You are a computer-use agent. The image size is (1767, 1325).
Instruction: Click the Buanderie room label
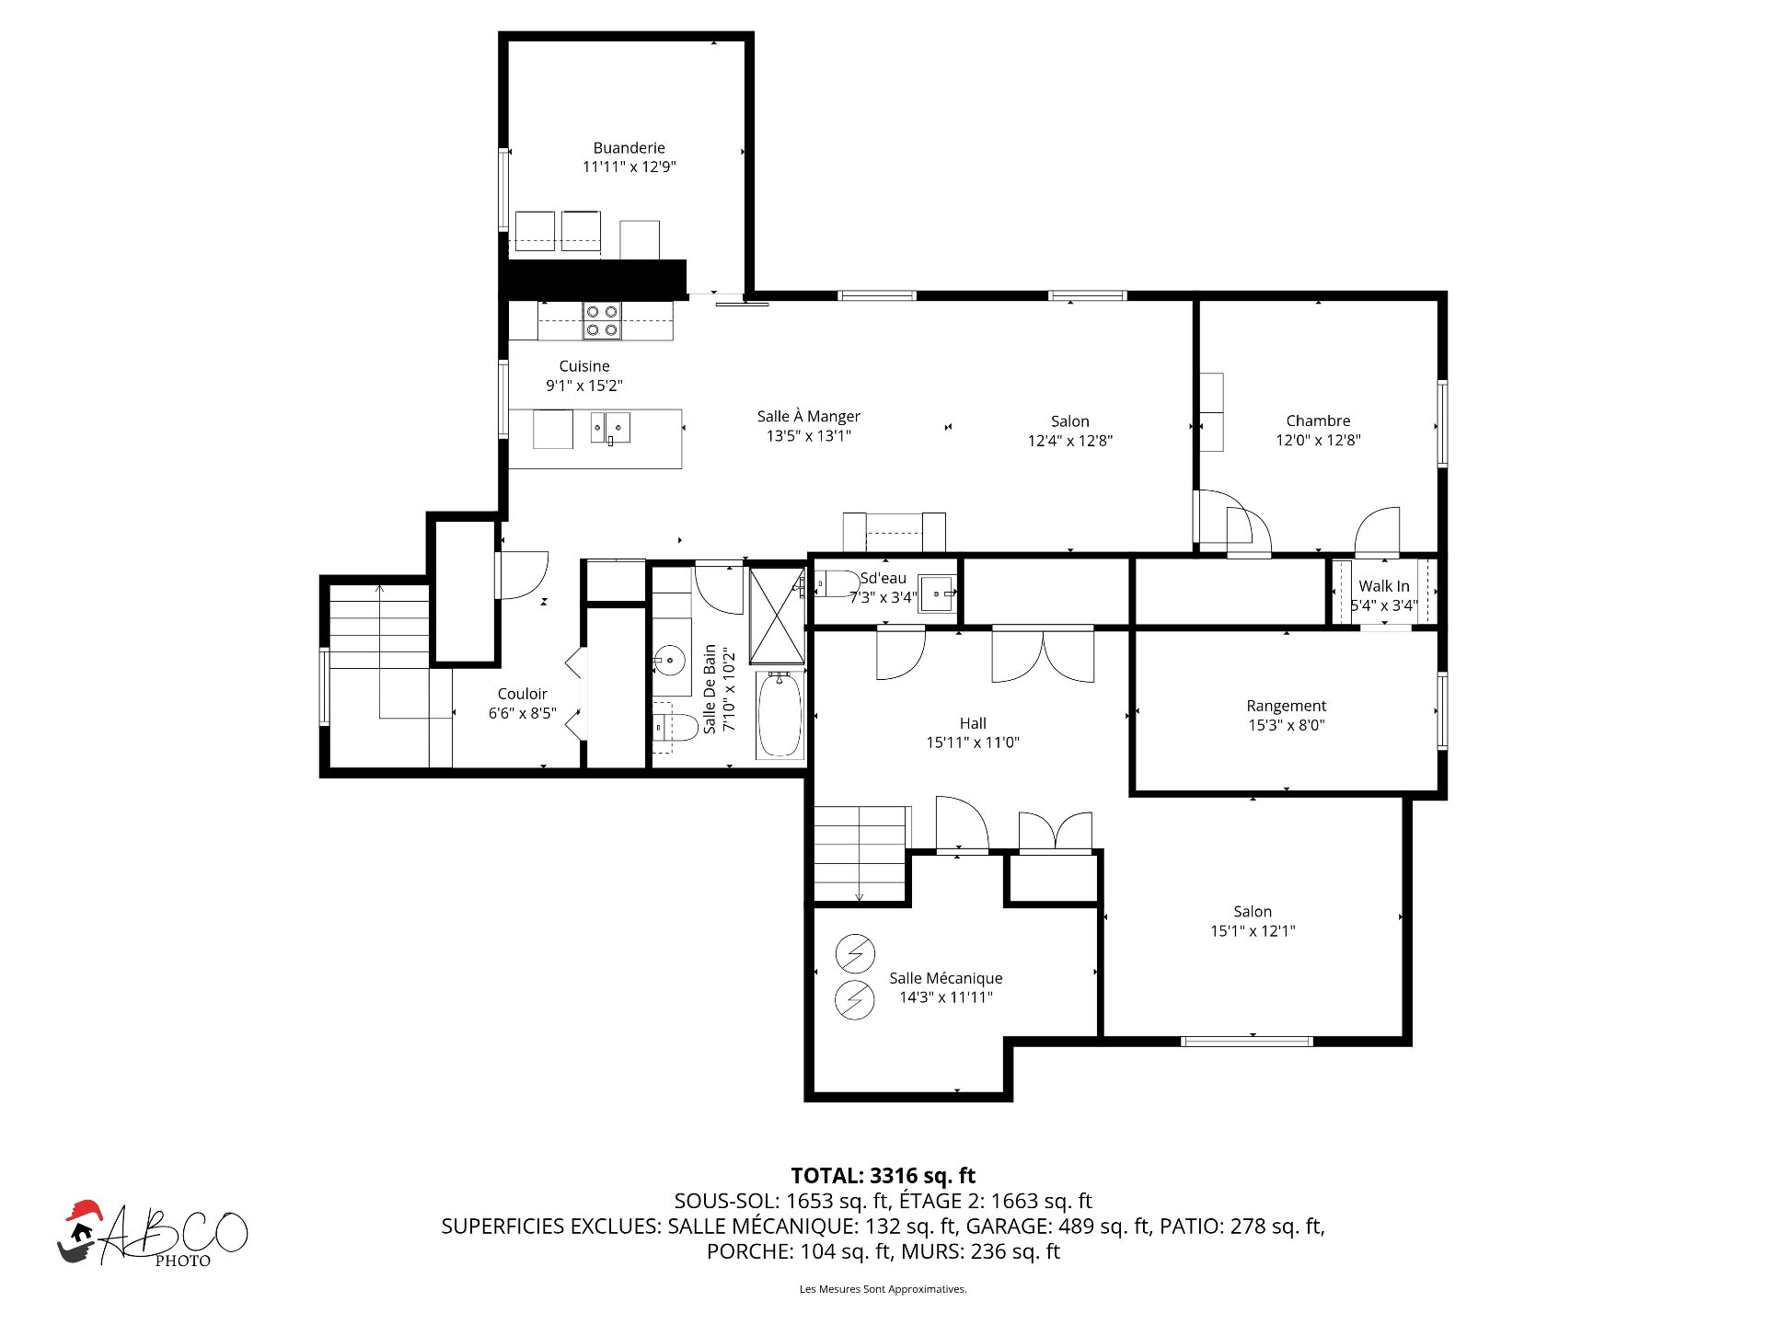point(629,147)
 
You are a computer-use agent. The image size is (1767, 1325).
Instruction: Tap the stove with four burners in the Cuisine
point(602,320)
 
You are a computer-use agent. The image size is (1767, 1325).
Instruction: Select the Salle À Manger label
point(809,416)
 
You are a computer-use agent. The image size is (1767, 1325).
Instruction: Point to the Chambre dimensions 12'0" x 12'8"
point(1318,440)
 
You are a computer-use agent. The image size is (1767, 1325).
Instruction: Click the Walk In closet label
point(1384,586)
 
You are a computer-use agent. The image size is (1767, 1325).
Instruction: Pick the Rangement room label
point(1286,706)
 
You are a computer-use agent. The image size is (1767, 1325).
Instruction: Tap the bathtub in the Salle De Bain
point(780,715)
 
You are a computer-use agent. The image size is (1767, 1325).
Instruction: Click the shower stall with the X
point(777,616)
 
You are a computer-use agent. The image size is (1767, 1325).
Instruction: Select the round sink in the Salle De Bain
point(669,661)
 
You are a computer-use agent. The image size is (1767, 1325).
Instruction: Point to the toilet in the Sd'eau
point(837,583)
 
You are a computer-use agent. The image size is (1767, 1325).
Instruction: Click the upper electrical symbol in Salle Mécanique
point(855,954)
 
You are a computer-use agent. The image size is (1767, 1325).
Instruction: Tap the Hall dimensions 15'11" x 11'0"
point(973,743)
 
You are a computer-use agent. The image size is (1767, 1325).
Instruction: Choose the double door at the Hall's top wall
point(1043,654)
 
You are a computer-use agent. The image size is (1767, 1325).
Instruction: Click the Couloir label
point(522,694)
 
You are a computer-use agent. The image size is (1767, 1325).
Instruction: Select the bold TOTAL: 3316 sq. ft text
point(883,1175)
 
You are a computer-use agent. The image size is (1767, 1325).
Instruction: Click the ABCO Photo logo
point(153,1234)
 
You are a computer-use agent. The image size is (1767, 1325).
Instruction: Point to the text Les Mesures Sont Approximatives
point(883,1289)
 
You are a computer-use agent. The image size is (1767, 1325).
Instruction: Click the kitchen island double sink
point(610,428)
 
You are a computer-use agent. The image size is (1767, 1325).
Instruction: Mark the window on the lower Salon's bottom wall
point(1247,1042)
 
